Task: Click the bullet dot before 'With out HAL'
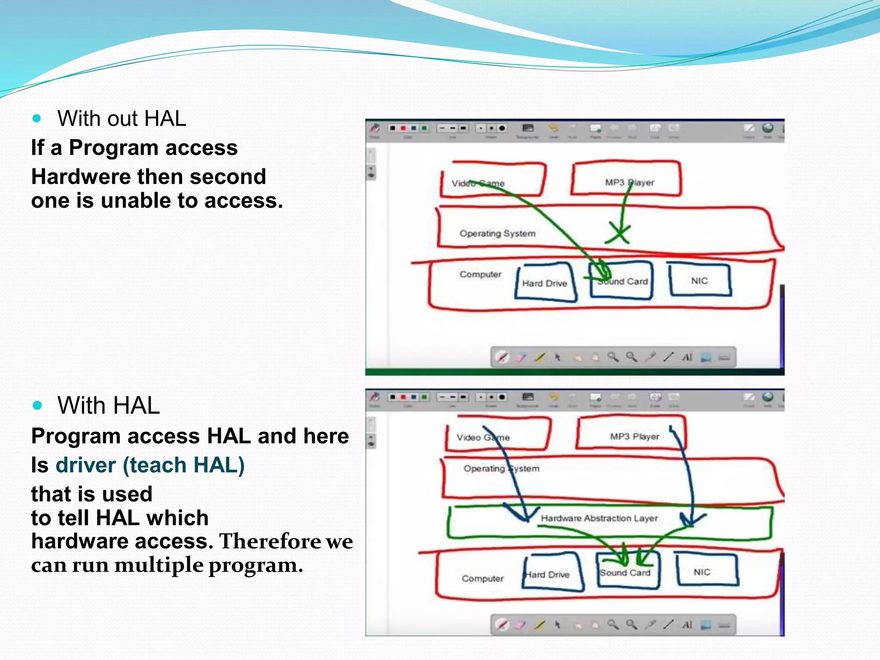pyautogui.click(x=37, y=118)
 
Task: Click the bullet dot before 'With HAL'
pyautogui.click(x=37, y=405)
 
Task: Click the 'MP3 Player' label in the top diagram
pyautogui.click(x=629, y=182)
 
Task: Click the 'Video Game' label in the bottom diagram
pyautogui.click(x=483, y=437)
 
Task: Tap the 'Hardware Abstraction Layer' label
pyautogui.click(x=599, y=518)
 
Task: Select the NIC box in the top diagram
pyautogui.click(x=700, y=280)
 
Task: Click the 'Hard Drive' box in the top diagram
pyautogui.click(x=545, y=282)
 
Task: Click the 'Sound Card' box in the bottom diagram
pyautogui.click(x=626, y=571)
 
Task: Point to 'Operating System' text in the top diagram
pyautogui.click(x=498, y=233)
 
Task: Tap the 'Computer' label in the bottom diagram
pyautogui.click(x=483, y=578)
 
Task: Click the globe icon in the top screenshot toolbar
pyautogui.click(x=768, y=128)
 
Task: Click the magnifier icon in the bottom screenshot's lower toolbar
pyautogui.click(x=613, y=624)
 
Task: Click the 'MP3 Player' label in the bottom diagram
pyautogui.click(x=635, y=437)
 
